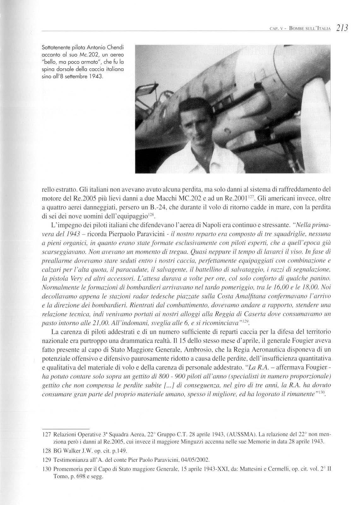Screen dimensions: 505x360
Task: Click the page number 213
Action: [342, 28]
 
